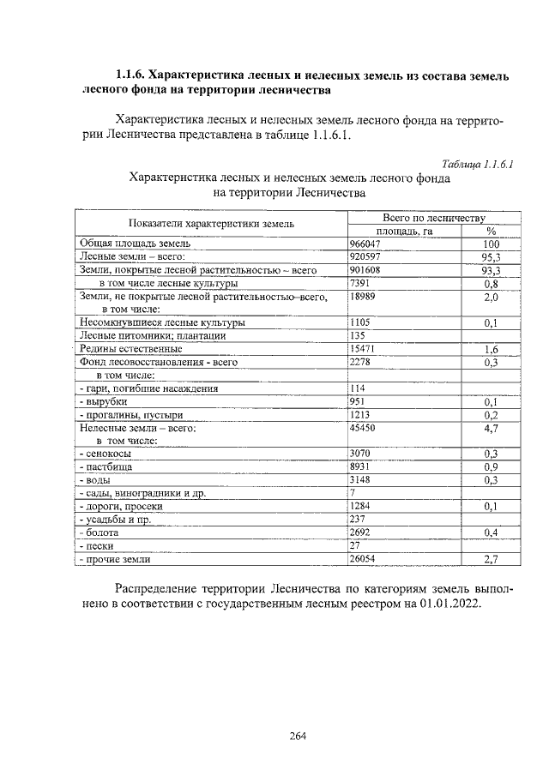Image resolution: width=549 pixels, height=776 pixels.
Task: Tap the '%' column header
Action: pos(491,231)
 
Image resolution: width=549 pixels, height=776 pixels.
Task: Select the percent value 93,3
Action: pos(491,270)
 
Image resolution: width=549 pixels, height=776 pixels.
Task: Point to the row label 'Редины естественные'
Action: pos(130,349)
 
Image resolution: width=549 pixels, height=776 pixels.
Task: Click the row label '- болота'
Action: pos(99,532)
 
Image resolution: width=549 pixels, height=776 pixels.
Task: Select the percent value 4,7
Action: pos(491,427)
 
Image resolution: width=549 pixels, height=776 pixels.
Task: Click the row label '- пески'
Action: pos(96,546)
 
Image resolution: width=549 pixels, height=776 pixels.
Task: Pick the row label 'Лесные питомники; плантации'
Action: pos(153,336)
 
